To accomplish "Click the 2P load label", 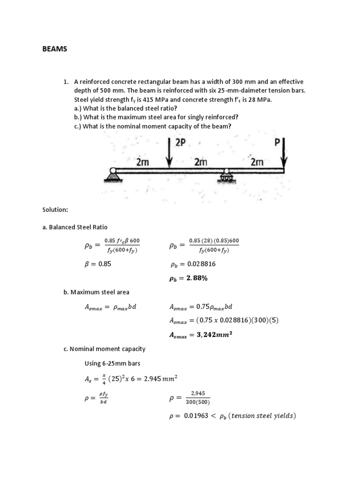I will coord(180,143).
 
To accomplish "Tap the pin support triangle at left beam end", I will coord(112,175).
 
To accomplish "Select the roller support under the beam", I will coord(227,176).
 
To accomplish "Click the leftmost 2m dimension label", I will coord(142,162).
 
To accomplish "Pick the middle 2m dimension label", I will coord(201,162).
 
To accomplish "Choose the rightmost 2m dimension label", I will coord(257,162).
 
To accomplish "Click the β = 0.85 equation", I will coord(96,264).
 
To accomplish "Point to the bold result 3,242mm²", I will coord(201,335).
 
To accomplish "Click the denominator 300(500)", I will coord(198,402).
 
